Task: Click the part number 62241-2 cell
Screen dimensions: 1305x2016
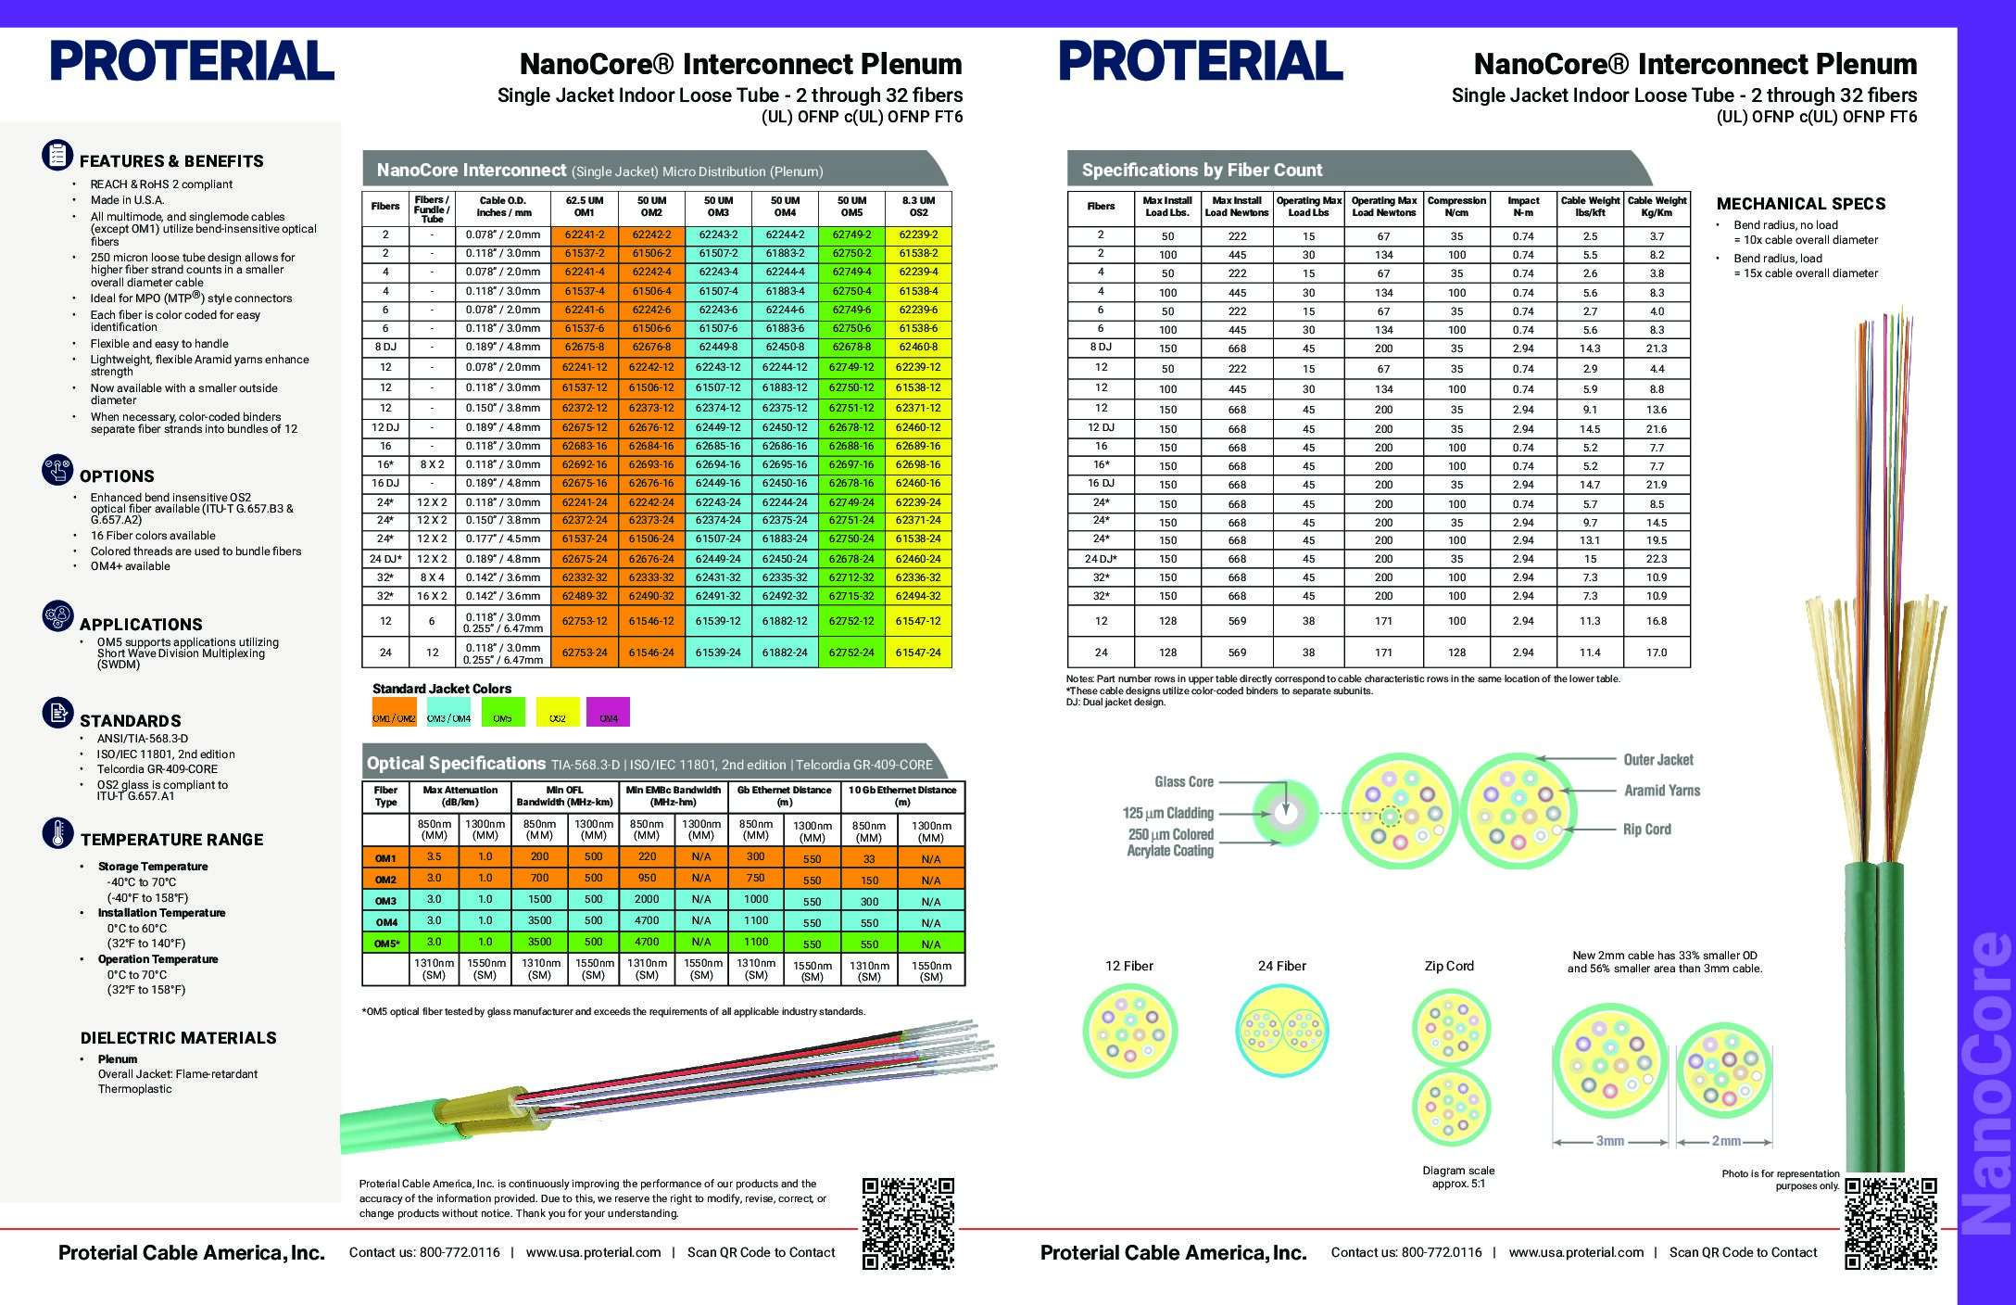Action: click(x=584, y=235)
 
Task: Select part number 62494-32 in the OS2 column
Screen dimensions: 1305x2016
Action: click(x=918, y=596)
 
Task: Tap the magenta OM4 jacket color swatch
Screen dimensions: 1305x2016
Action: click(x=609, y=712)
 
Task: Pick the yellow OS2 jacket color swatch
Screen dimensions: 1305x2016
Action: click(x=557, y=712)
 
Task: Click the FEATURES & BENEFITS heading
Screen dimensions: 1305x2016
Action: click(x=171, y=161)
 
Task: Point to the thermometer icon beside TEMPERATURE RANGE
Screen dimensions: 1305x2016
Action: click(x=57, y=833)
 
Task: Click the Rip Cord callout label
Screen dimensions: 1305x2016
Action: click(x=1646, y=830)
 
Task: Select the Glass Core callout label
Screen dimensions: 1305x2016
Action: click(x=1183, y=782)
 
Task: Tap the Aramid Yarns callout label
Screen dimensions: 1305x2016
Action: click(x=1661, y=791)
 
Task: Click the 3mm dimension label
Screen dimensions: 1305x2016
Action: click(x=1609, y=1141)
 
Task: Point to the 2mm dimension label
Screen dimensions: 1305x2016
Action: click(x=1725, y=1141)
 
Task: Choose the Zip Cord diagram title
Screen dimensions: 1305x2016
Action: click(x=1449, y=966)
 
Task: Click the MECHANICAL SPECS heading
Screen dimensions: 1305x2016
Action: click(x=1800, y=204)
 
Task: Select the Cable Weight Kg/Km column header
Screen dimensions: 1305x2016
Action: click(x=1657, y=207)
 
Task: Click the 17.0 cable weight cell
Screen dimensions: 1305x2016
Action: click(x=1657, y=652)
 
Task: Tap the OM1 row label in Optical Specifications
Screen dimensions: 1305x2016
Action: click(x=385, y=858)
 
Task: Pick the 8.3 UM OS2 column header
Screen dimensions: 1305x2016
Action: click(x=918, y=207)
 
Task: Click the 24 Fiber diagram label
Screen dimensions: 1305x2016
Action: click(x=1281, y=966)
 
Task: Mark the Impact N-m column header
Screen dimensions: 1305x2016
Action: click(x=1523, y=207)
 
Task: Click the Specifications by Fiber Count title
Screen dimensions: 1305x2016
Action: click(x=1202, y=171)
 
